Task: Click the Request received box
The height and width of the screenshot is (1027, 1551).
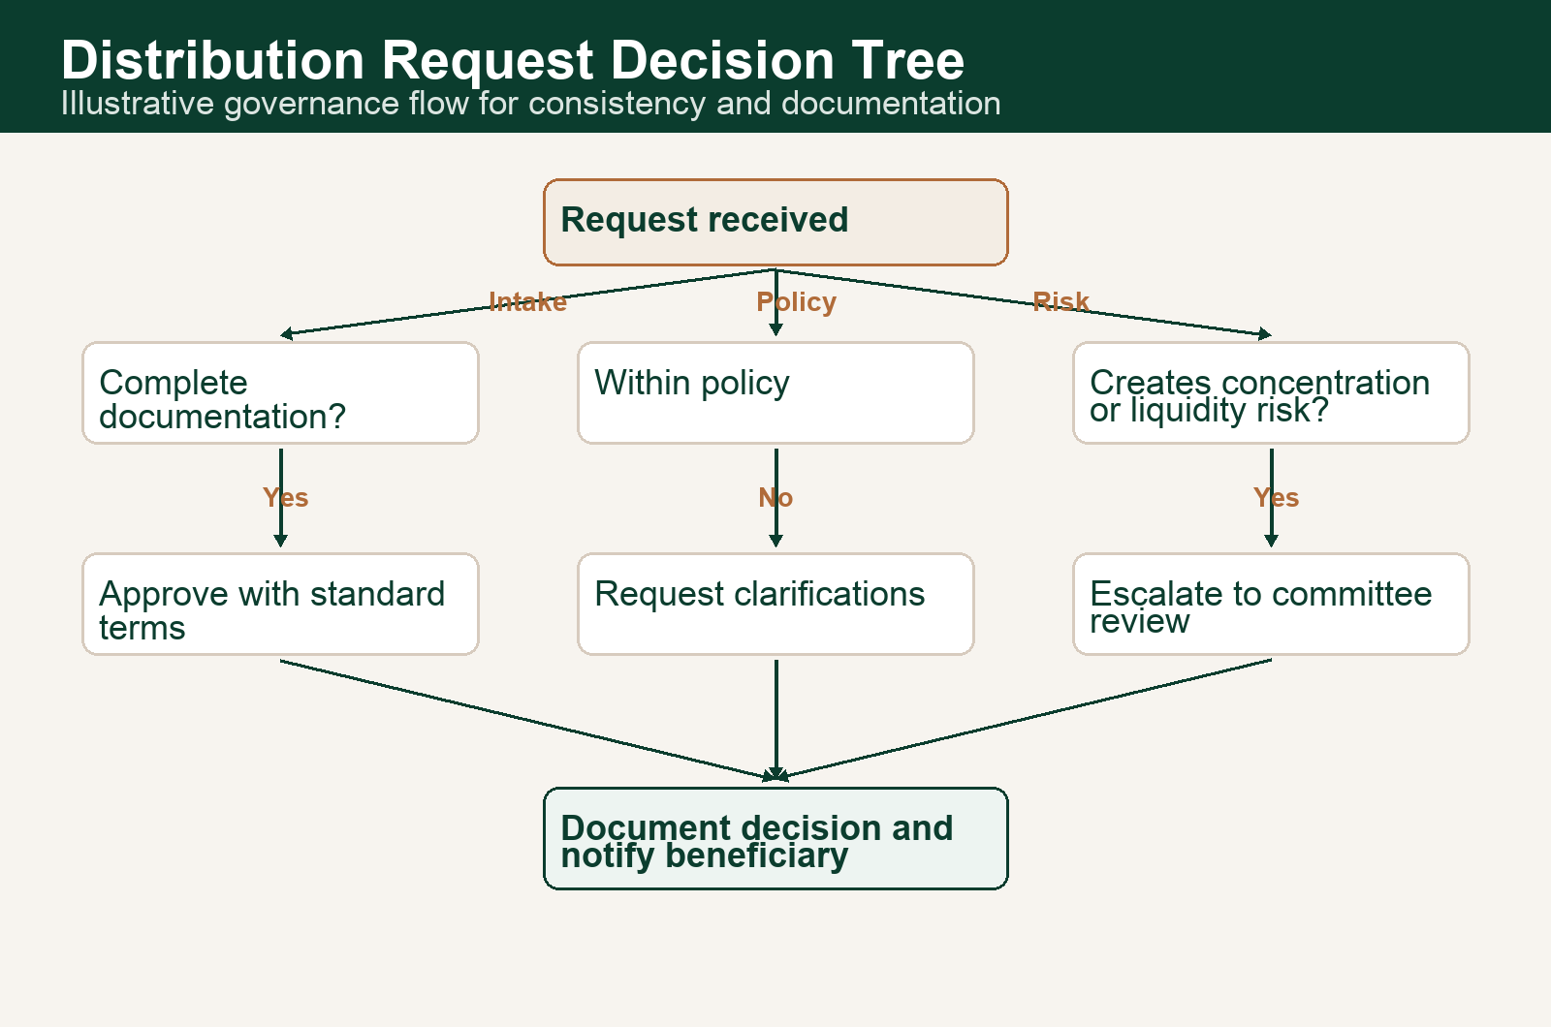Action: pyautogui.click(x=775, y=222)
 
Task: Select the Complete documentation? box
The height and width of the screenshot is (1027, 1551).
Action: pyautogui.click(x=280, y=392)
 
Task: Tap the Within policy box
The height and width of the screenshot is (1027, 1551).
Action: pyautogui.click(x=775, y=392)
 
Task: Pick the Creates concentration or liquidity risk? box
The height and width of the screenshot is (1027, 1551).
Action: pyautogui.click(x=1271, y=392)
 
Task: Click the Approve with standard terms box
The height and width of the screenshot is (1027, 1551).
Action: pyautogui.click(x=280, y=604)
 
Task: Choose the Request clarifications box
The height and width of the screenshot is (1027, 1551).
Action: pyautogui.click(x=775, y=604)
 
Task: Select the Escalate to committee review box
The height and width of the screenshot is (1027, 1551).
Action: pyautogui.click(x=1271, y=604)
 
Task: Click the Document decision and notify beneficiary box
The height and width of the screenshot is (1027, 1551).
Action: pyautogui.click(x=775, y=838)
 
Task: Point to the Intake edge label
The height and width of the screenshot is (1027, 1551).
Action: pyautogui.click(x=527, y=302)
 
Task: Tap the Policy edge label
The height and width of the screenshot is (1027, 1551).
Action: pyautogui.click(x=796, y=302)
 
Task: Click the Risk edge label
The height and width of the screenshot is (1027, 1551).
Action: pyautogui.click(x=1060, y=302)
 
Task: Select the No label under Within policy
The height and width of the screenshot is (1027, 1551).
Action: pyautogui.click(x=775, y=498)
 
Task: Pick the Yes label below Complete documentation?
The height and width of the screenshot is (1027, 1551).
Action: pyautogui.click(x=285, y=498)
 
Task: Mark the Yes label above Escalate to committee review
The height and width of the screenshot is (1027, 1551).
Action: pyautogui.click(x=1276, y=498)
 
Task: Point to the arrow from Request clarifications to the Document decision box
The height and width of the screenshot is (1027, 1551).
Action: pyautogui.click(x=776, y=717)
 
